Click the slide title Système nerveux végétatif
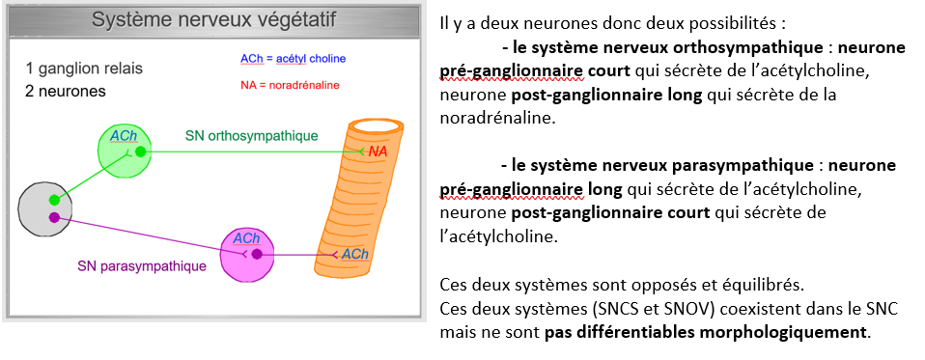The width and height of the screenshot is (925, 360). click(213, 20)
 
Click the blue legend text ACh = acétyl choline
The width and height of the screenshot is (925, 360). click(293, 59)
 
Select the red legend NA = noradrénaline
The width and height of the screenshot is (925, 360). click(290, 86)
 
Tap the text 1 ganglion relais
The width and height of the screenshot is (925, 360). click(84, 69)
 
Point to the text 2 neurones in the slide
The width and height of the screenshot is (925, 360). click(66, 92)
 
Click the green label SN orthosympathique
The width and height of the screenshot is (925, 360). click(251, 136)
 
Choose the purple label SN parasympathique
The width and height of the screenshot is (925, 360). click(142, 266)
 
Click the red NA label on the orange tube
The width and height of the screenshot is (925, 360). click(378, 152)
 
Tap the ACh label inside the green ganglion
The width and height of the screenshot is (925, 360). click(124, 136)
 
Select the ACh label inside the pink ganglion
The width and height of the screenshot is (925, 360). click(246, 238)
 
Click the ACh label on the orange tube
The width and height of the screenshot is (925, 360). click(355, 254)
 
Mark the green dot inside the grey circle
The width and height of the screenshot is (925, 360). click(54, 200)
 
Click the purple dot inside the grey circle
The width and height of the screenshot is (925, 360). click(54, 217)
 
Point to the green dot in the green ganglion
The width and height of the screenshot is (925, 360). click(140, 152)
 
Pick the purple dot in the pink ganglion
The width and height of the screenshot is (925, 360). click(257, 255)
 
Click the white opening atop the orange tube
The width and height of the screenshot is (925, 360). click(377, 127)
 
